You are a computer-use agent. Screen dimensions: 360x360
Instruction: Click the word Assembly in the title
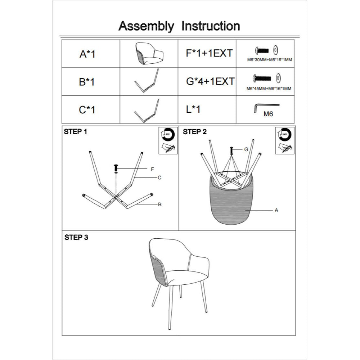[146, 26]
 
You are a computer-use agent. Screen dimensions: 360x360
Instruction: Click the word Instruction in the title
[211, 26]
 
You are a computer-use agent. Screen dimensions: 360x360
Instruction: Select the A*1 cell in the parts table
[87, 54]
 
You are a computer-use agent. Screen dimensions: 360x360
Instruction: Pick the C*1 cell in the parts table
[87, 109]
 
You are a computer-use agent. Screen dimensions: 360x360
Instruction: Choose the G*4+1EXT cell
[210, 81]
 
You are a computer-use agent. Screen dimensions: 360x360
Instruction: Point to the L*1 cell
[193, 109]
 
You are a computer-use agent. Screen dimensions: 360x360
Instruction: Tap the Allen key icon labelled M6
[265, 108]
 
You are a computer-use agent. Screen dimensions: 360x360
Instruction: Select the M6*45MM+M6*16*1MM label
[269, 88]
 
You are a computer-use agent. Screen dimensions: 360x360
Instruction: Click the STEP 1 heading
[76, 132]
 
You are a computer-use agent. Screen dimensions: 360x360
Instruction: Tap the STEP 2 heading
[195, 132]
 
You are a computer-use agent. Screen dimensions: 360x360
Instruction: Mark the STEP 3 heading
[76, 237]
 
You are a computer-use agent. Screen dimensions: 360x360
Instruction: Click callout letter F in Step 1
[152, 169]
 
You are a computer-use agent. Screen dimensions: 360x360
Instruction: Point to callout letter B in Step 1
[159, 204]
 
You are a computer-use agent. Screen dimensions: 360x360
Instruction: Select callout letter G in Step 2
[246, 149]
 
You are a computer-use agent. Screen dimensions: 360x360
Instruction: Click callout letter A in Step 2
[276, 211]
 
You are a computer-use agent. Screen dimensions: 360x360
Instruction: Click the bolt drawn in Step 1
[116, 168]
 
